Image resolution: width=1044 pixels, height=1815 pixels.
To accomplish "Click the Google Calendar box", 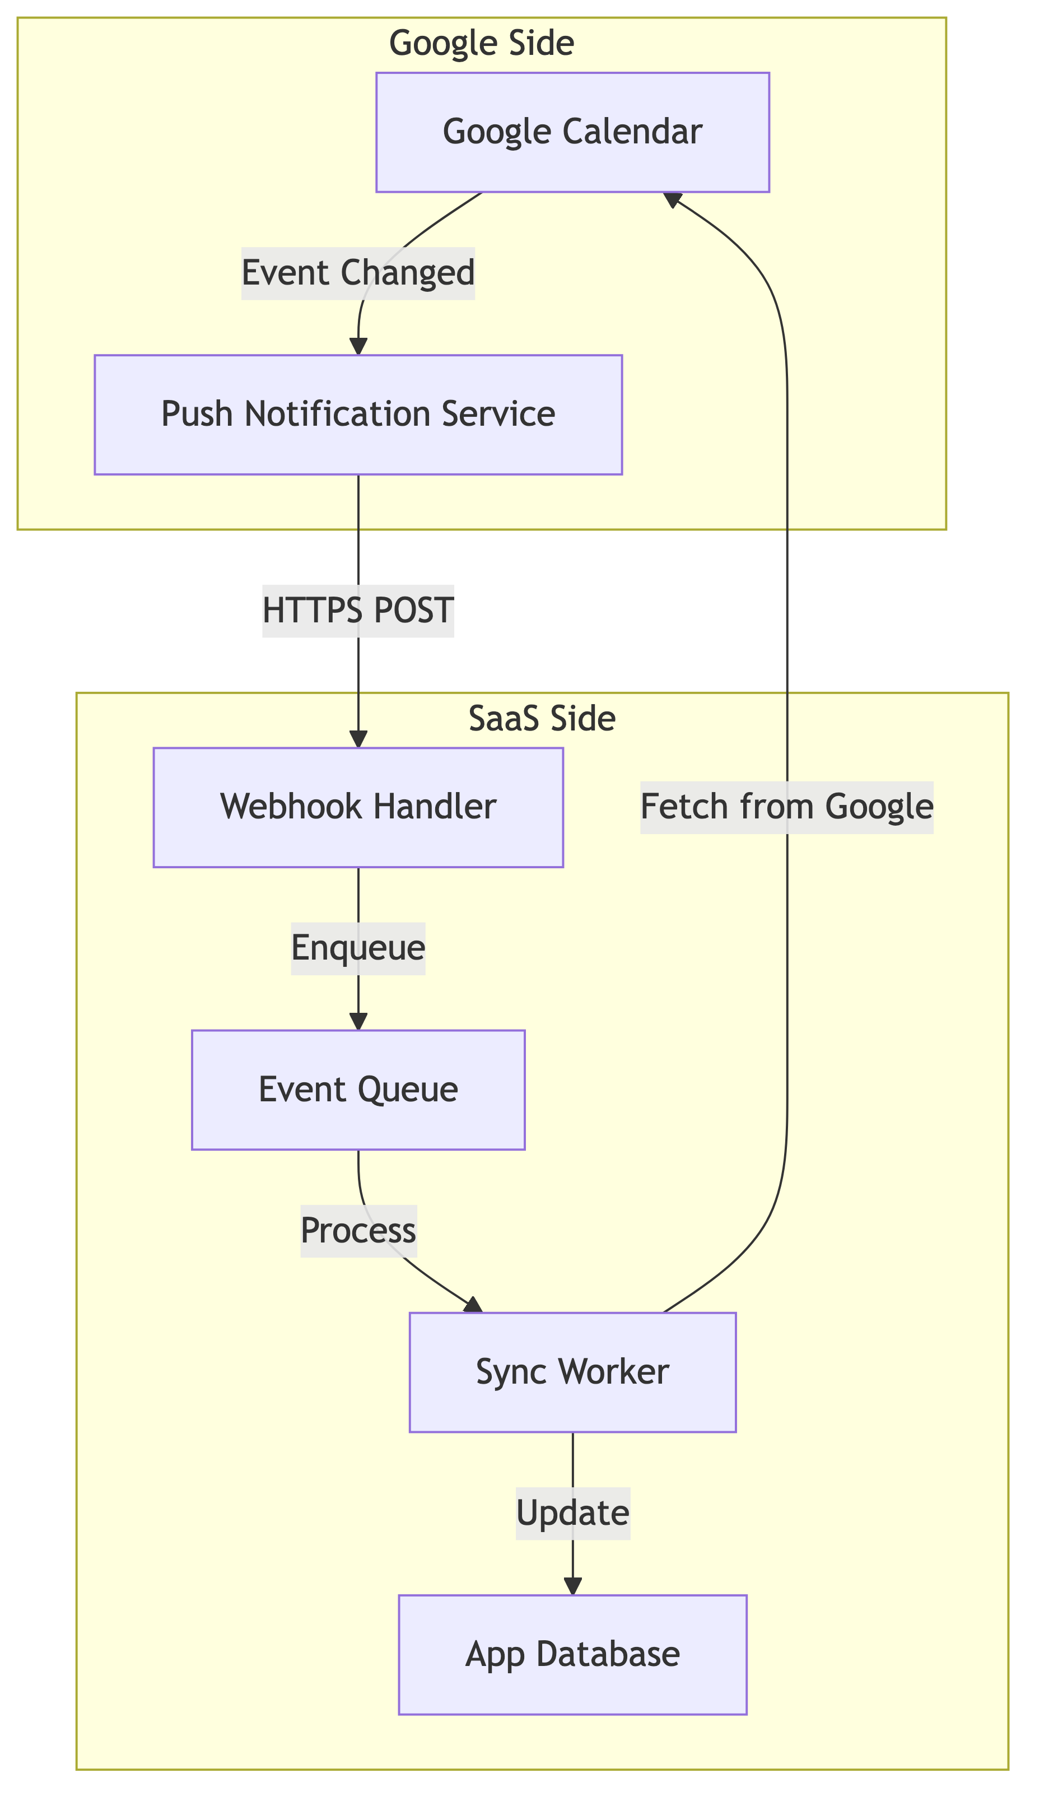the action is pos(572,132).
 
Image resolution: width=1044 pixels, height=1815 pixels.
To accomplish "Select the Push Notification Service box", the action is pos(358,415).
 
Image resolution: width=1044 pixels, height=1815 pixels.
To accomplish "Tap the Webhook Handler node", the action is pos(358,807).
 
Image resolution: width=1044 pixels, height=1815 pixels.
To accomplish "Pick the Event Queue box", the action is pos(358,1090).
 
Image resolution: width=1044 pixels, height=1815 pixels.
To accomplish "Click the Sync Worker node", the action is pos(572,1372).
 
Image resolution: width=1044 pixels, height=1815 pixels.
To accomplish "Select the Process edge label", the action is pos(358,1231).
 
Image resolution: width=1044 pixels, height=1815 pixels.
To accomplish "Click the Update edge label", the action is pos(572,1514).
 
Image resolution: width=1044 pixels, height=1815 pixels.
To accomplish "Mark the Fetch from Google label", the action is pos(786,807).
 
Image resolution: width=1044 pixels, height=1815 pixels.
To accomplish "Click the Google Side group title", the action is pos(481,44).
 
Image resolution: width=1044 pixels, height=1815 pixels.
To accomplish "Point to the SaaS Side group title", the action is pos(542,719).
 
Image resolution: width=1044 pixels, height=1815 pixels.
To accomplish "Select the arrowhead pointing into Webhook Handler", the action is pos(358,739).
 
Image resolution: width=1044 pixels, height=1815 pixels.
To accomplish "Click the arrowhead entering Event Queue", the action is pos(358,1022).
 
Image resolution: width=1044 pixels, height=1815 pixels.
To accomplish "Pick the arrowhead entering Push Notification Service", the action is pos(358,346).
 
